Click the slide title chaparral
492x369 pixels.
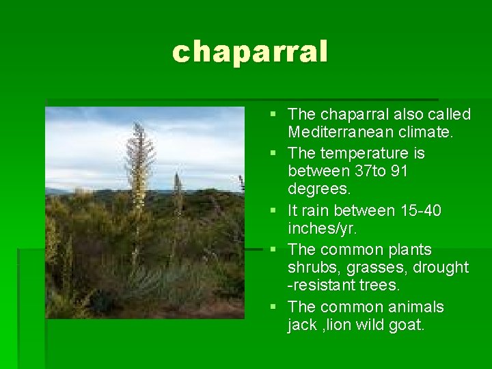250,52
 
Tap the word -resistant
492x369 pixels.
319,285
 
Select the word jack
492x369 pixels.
302,325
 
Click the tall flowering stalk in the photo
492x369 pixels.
140,171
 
